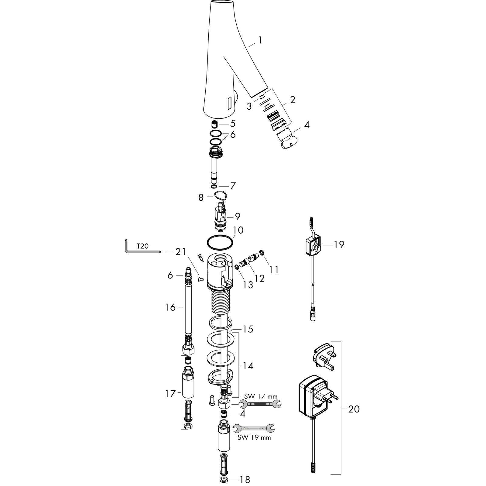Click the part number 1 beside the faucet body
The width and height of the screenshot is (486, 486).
point(260,40)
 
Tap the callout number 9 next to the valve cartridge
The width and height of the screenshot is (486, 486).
point(238,216)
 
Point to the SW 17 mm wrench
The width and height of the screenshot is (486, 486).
point(260,404)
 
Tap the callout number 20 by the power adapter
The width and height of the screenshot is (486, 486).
point(354,409)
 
